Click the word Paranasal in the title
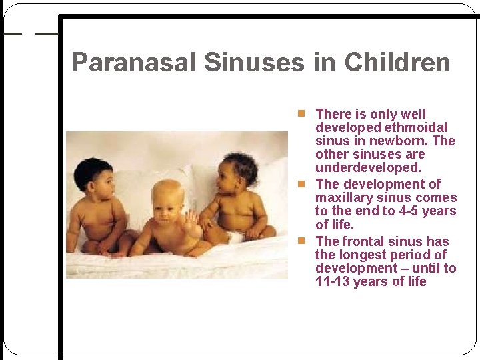click(x=133, y=63)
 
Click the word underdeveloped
click(x=368, y=167)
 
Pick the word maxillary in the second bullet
click(x=345, y=197)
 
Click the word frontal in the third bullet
click(x=363, y=241)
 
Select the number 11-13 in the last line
click(x=332, y=281)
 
